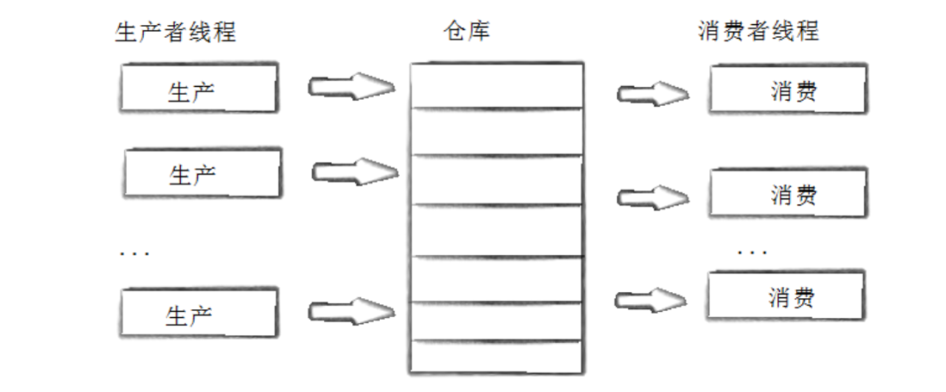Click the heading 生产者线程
175,33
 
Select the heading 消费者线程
757,32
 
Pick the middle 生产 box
202,174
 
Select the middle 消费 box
786,194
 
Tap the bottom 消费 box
786,297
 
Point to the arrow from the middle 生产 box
354,171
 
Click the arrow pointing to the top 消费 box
652,92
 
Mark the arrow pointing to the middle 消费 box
652,197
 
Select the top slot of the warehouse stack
496,85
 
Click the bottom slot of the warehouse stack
496,357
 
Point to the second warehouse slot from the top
496,131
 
